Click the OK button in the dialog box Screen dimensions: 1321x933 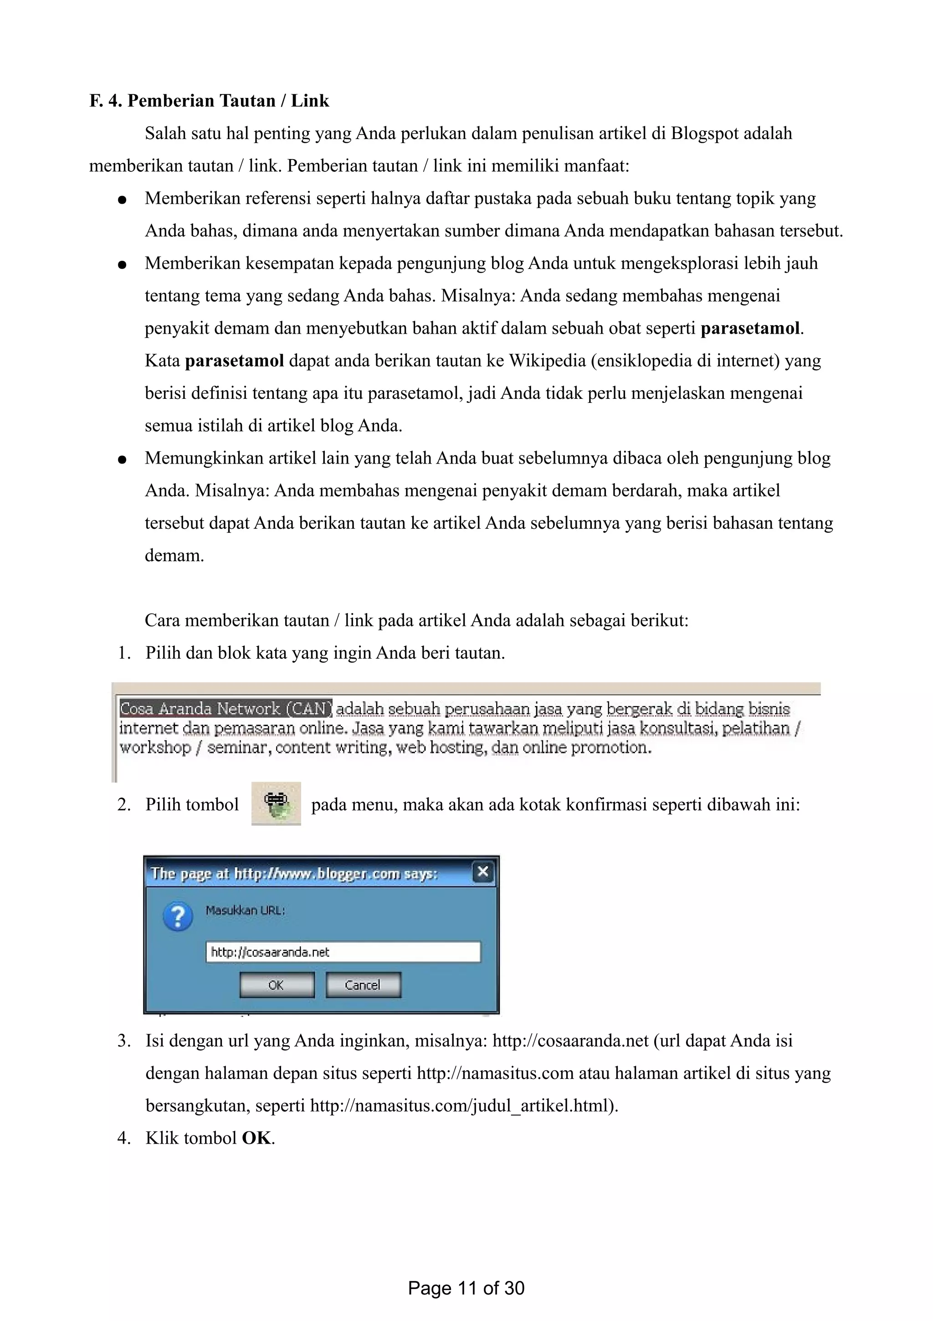[277, 985]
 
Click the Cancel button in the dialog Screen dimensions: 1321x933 [363, 985]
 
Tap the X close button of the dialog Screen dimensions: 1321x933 [483, 872]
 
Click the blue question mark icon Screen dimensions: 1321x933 [178, 917]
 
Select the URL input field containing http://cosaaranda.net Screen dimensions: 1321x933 [343, 952]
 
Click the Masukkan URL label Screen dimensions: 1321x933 [245, 910]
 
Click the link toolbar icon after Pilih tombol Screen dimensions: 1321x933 [276, 803]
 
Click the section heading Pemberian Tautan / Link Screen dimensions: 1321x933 [228, 101]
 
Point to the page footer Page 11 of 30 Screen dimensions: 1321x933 [466, 1288]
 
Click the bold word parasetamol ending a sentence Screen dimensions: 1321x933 [749, 329]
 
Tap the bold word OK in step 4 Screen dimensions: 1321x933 [256, 1138]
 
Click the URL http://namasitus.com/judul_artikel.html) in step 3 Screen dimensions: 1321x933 [463, 1106]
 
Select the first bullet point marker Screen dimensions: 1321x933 [122, 200]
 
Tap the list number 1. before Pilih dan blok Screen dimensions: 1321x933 [124, 653]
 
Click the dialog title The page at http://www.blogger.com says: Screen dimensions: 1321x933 [294, 873]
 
